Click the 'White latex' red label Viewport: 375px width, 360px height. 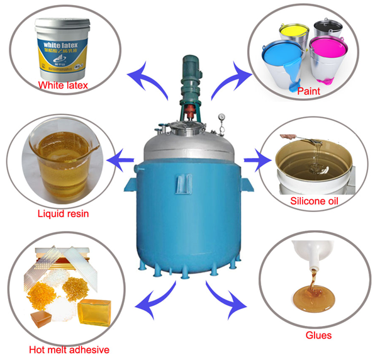[62, 84]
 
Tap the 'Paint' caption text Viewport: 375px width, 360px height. [309, 91]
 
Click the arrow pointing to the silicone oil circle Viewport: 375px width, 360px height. [255, 160]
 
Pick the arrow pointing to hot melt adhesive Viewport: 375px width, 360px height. [155, 296]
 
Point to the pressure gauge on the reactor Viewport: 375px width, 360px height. [221, 117]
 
